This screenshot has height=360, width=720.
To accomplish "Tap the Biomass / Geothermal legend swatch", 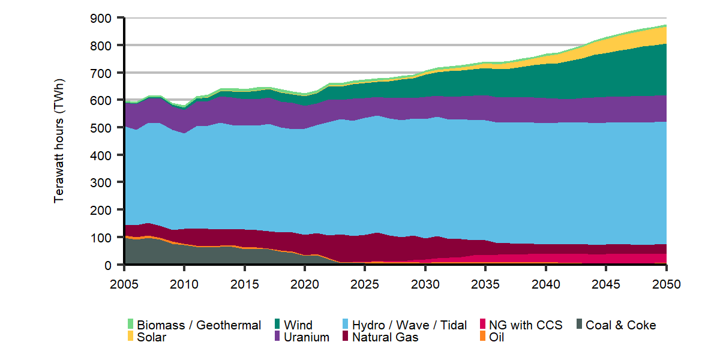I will (x=130, y=324).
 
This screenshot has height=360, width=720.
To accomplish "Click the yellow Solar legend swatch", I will (x=130, y=337).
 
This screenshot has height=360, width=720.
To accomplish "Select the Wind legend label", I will (x=298, y=325).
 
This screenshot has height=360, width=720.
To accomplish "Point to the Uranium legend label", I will (x=307, y=337).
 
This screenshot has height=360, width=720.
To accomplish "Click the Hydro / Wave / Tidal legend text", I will (x=409, y=325).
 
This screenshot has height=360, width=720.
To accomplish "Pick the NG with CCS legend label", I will (x=526, y=325).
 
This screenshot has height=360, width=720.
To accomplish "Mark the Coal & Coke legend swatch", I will (x=580, y=324).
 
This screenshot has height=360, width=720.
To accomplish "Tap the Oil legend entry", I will (x=496, y=337).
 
